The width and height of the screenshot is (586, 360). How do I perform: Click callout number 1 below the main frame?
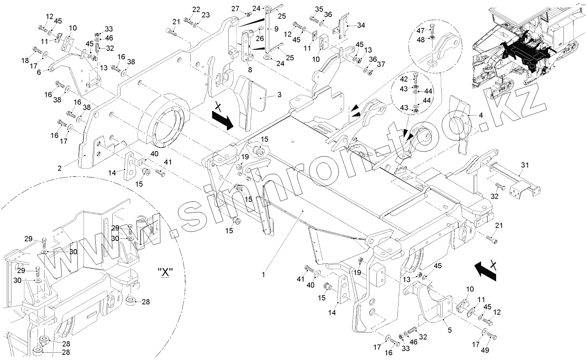pyautogui.click(x=263, y=275)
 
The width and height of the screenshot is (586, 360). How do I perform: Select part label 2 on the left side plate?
pyautogui.click(x=59, y=168)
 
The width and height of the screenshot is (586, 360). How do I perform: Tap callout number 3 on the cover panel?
pyautogui.click(x=279, y=95)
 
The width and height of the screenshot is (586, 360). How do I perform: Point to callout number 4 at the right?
pyautogui.click(x=480, y=115)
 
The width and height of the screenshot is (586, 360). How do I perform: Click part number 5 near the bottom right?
pyautogui.click(x=450, y=331)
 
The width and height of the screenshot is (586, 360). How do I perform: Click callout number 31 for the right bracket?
pyautogui.click(x=524, y=165)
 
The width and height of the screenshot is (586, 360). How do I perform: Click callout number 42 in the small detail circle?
pyautogui.click(x=404, y=79)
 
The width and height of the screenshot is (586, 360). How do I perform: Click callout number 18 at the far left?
pyautogui.click(x=25, y=60)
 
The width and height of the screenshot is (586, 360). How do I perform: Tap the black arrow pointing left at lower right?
pyautogui.click(x=485, y=270)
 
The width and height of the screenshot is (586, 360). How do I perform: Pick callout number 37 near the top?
pyautogui.click(x=381, y=65)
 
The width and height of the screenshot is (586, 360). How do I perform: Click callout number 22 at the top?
pyautogui.click(x=196, y=10)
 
